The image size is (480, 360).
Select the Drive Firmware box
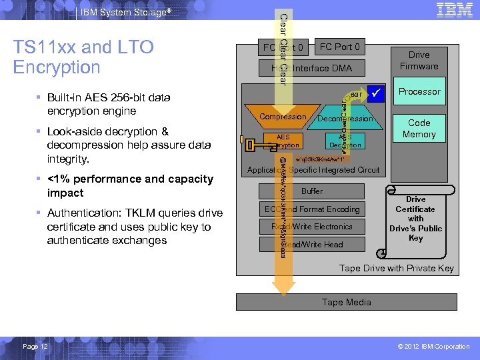tap(419, 61)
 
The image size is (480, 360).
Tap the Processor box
tap(419, 91)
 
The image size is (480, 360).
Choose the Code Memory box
tap(419, 129)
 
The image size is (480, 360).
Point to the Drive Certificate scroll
tap(415, 221)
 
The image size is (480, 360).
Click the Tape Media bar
tap(346, 302)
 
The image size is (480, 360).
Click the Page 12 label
tap(35, 346)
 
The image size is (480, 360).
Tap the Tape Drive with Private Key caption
tap(397, 268)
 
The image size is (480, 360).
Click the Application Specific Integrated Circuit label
tap(313, 170)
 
